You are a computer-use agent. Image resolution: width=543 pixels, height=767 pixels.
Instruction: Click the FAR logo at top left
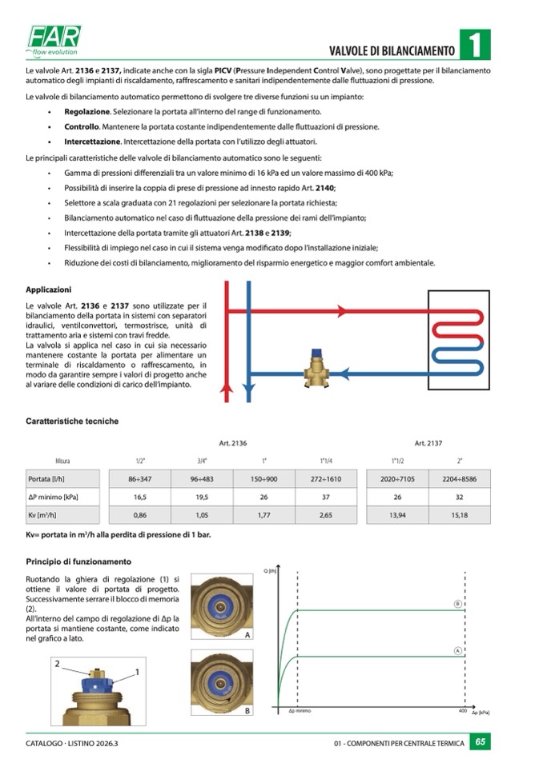tap(54, 38)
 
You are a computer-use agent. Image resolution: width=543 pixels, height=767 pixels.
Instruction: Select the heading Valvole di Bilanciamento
tap(392, 51)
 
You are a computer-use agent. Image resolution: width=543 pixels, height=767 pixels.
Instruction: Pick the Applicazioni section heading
tap(49, 290)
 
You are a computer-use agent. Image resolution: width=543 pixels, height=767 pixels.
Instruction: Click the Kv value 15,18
tap(459, 515)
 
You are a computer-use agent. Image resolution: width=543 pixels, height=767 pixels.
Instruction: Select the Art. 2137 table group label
tap(428, 442)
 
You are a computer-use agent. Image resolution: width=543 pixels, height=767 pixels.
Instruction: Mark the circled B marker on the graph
tap(458, 604)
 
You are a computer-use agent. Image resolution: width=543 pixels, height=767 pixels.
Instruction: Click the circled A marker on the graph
tap(458, 650)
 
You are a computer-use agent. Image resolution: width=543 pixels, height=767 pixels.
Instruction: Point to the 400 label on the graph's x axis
tap(462, 710)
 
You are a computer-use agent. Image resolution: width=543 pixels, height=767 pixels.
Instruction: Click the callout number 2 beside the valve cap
tap(57, 664)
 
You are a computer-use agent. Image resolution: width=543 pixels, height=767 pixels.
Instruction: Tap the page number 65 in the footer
tap(480, 742)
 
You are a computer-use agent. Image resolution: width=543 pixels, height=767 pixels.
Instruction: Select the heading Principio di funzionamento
tap(78, 561)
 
